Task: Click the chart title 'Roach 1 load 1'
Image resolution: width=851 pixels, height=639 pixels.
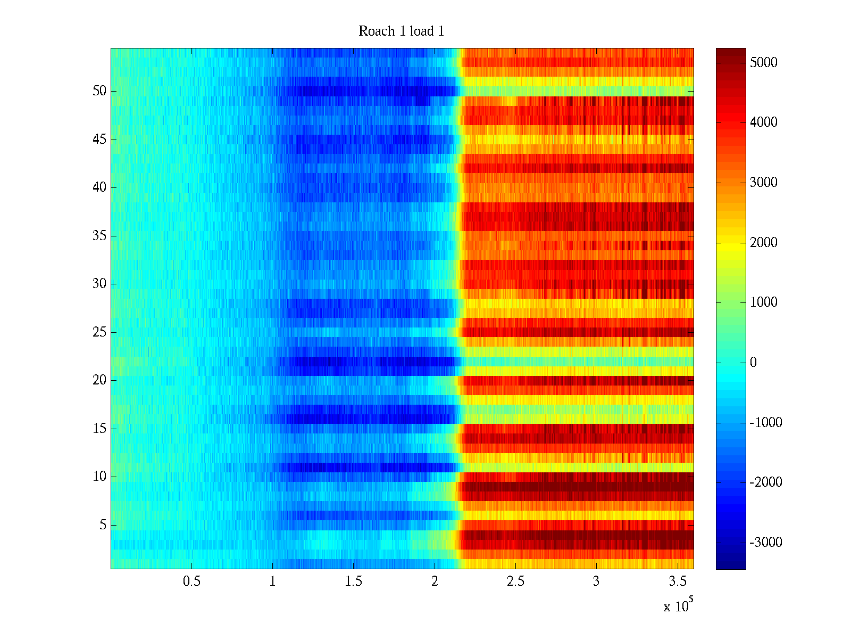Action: (x=401, y=31)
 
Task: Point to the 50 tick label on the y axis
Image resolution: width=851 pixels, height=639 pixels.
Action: (x=99, y=91)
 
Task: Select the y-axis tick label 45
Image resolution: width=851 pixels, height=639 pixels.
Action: (x=99, y=140)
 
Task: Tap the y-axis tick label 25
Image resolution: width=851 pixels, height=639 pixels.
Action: (x=99, y=332)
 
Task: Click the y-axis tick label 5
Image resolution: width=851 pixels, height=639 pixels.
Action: (x=103, y=525)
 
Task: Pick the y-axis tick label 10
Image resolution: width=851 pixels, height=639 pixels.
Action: (x=99, y=477)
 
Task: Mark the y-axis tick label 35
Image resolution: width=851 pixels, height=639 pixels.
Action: (x=99, y=236)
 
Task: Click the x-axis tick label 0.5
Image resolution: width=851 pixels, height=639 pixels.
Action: (x=191, y=581)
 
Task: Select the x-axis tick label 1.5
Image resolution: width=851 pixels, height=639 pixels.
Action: (x=353, y=581)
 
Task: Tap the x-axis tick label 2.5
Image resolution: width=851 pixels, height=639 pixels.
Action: (x=515, y=581)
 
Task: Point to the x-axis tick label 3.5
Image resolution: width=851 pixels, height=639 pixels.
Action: (x=677, y=581)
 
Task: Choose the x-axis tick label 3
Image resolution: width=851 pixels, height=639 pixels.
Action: (x=596, y=581)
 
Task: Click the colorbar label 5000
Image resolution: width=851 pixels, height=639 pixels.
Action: (x=763, y=63)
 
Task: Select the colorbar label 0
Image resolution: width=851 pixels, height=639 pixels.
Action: (x=753, y=363)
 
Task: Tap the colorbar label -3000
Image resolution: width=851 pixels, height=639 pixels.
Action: (x=765, y=543)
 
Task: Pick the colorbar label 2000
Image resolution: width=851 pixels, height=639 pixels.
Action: (x=763, y=243)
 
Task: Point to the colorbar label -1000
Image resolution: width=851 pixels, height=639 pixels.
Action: (x=765, y=423)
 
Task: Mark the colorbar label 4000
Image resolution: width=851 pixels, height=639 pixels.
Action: (x=763, y=122)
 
